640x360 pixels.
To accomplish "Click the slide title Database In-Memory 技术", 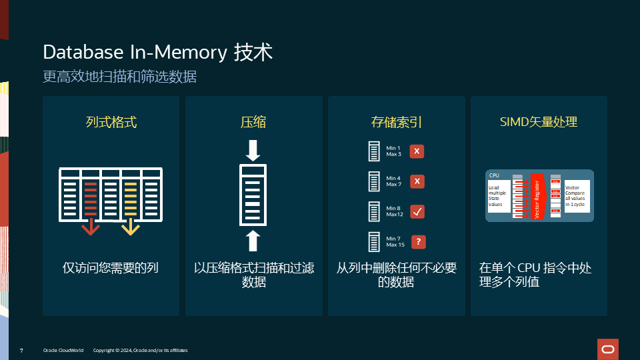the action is point(157,53).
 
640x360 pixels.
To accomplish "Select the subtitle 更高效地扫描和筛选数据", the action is point(119,77).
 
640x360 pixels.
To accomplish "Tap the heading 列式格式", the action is point(111,122).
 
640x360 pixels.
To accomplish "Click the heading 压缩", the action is point(253,122).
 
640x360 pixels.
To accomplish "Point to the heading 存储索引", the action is point(397,122).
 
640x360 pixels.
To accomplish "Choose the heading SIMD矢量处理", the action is point(539,122).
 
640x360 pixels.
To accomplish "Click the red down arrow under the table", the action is point(91,228).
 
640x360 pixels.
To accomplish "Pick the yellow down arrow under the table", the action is point(130,228).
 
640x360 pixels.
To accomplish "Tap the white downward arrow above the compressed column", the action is point(253,150).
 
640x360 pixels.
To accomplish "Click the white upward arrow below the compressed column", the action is point(253,239).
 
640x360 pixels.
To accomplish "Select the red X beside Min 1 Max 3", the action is point(417,151).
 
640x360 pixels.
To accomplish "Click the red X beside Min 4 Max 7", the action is point(417,181).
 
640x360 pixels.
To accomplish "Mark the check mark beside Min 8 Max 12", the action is point(417,211).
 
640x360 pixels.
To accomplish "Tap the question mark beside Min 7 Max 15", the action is point(417,242).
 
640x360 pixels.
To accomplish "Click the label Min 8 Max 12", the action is point(395,211).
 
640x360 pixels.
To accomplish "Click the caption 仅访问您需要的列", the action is point(111,268).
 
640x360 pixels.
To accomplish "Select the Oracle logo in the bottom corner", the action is point(608,349).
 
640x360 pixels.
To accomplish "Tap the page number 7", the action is point(22,350).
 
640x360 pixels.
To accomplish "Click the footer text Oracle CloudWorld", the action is point(63,350).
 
